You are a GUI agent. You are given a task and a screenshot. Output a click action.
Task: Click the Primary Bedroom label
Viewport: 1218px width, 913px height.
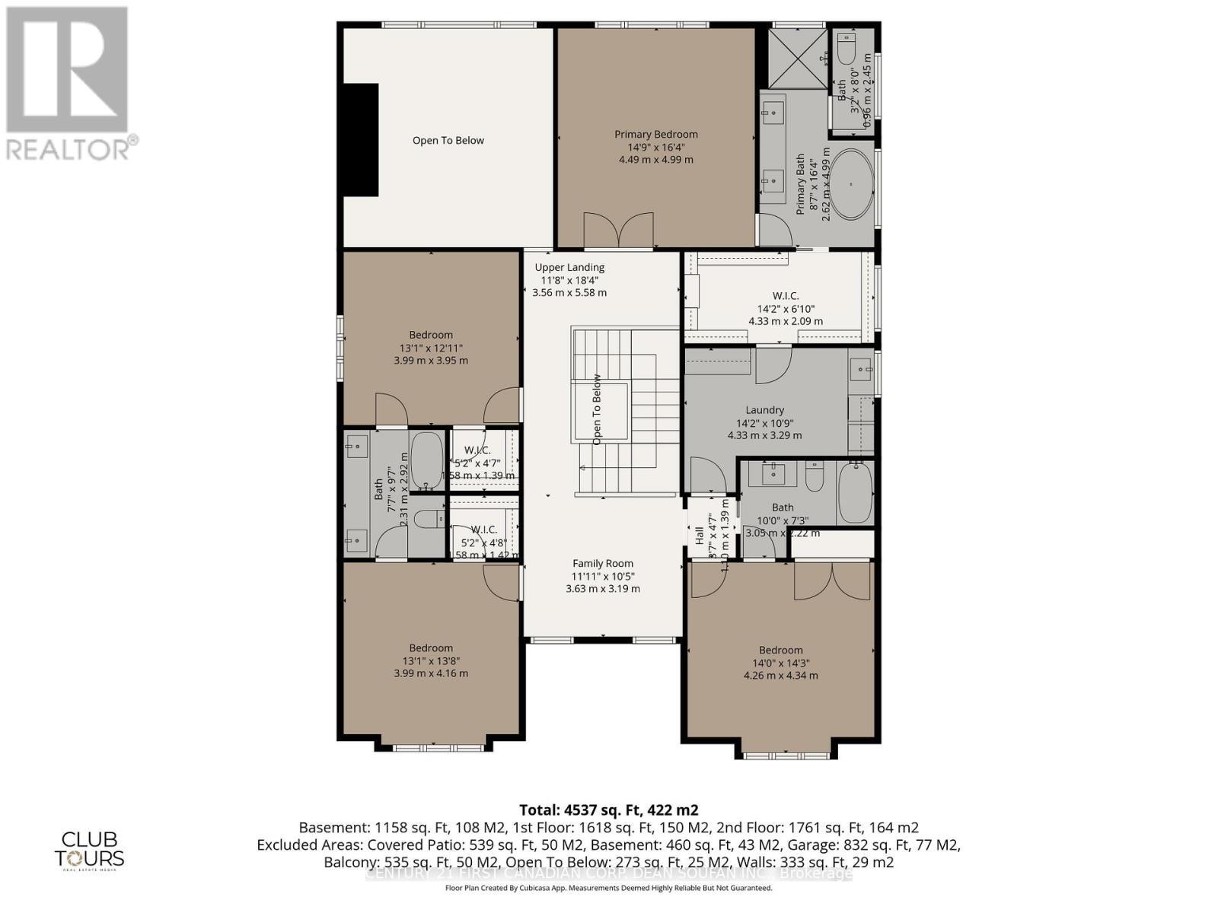[655, 135]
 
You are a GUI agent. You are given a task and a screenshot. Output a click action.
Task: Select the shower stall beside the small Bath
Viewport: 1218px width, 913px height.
[797, 59]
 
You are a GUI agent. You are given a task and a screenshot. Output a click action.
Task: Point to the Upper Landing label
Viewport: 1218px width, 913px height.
[569, 267]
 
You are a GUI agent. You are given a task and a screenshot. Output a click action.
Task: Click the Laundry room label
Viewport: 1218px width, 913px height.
[764, 410]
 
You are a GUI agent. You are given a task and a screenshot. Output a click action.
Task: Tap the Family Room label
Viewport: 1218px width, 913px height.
[603, 564]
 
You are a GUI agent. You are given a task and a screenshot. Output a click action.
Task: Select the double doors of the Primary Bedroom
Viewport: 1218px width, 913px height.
[618, 231]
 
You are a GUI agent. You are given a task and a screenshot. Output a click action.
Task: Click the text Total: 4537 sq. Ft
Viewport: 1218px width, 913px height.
[608, 810]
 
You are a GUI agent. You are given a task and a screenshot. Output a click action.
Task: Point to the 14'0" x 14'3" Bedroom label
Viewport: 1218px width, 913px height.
[780, 651]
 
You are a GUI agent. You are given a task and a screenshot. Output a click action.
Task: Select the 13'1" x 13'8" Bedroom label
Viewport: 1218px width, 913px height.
[431, 648]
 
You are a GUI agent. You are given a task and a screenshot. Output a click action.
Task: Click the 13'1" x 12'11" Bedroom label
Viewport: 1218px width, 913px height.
[431, 335]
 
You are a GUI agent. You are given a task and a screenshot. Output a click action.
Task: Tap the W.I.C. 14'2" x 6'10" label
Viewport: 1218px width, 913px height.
[785, 296]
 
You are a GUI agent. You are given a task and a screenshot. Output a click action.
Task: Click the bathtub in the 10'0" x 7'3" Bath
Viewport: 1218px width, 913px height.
[855, 492]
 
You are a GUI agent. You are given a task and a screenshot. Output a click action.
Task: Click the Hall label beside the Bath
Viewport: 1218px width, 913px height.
[699, 536]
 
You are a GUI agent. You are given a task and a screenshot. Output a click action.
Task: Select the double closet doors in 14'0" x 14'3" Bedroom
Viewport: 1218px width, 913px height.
[832, 581]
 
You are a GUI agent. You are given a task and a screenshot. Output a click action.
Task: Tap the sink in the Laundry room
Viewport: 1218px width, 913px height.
[860, 371]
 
